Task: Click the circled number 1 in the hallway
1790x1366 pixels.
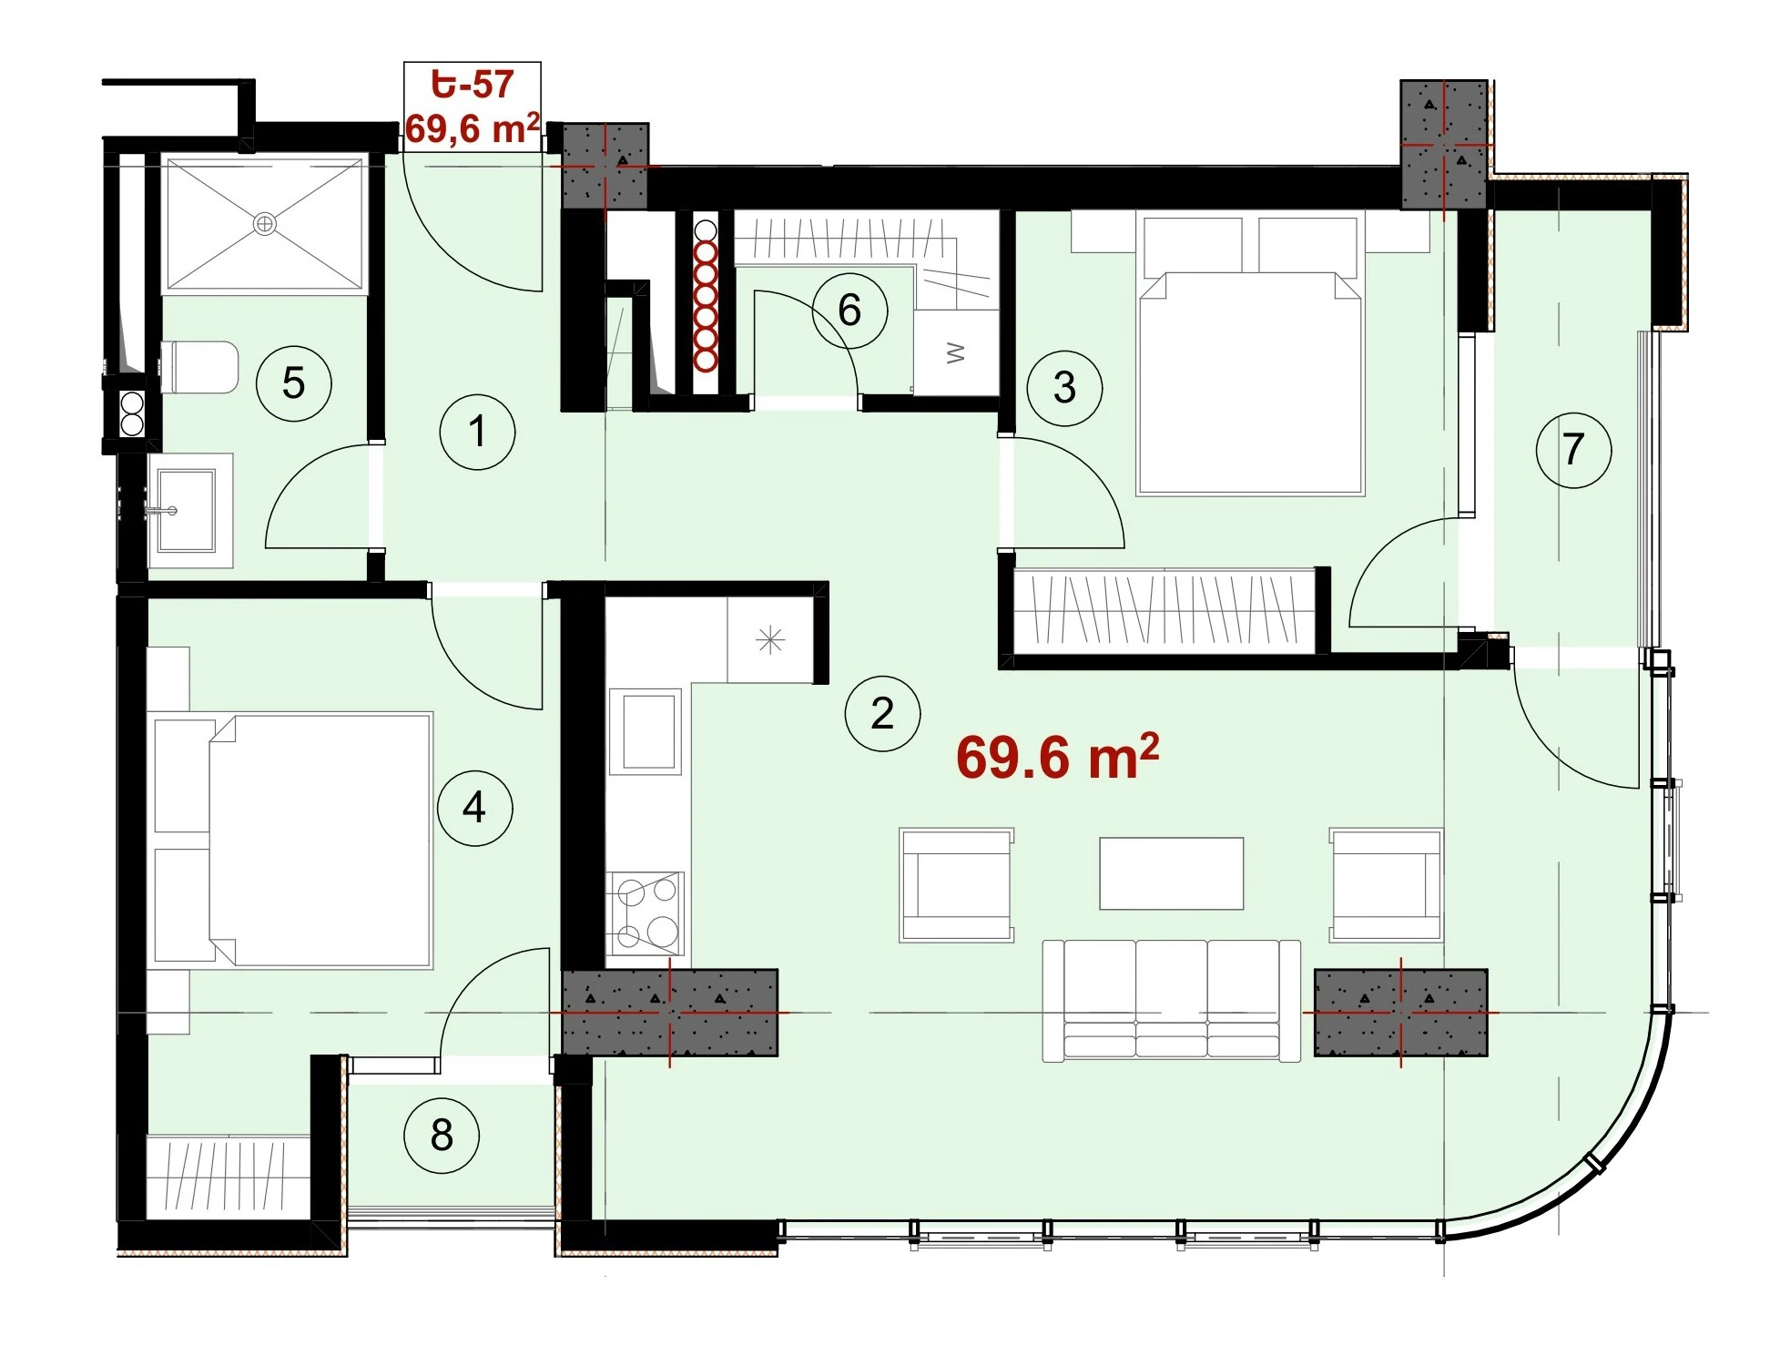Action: [x=477, y=432]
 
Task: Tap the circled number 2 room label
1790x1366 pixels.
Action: [x=882, y=713]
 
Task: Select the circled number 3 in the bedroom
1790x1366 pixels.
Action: [x=1064, y=388]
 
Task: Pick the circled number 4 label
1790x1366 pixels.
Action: [x=474, y=808]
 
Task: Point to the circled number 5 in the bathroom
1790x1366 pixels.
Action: [x=293, y=382]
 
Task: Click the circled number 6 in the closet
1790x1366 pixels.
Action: [x=849, y=311]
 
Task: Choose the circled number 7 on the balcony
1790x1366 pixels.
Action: [x=1573, y=449]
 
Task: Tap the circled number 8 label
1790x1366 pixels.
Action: [x=442, y=1135]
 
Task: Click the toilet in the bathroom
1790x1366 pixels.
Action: [x=199, y=367]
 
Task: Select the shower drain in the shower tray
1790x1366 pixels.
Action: [x=265, y=223]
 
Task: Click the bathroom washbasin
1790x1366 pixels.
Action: [x=187, y=511]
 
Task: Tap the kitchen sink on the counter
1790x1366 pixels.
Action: [x=648, y=731]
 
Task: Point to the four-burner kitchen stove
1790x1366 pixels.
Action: [x=646, y=913]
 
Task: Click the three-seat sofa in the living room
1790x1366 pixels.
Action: [x=1172, y=1001]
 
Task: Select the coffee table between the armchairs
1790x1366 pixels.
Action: [x=1172, y=873]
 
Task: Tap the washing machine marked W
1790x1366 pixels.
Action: [x=955, y=353]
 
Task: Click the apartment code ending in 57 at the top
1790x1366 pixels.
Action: [x=473, y=85]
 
